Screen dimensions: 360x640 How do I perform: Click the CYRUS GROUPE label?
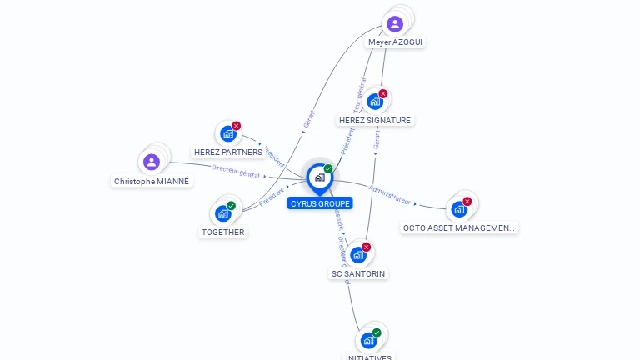pos(320,203)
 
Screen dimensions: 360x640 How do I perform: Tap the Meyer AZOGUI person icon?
pos(395,24)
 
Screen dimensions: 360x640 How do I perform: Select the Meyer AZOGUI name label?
pos(397,42)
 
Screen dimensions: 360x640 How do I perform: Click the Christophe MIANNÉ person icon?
pos(151,162)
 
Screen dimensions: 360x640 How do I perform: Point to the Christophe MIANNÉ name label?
pos(152,181)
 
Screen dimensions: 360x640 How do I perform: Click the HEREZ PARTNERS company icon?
pos(227,134)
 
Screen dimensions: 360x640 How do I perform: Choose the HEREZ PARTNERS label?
pos(227,152)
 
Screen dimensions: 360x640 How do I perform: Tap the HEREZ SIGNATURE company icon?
pos(374,102)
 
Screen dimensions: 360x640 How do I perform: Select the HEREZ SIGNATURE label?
pos(375,120)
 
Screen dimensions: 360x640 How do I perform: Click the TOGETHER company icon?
pos(222,213)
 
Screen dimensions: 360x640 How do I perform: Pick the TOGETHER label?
pos(223,232)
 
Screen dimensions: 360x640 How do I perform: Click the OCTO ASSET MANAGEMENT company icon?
pos(458,209)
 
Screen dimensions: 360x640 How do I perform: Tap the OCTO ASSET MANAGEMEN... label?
pos(459,227)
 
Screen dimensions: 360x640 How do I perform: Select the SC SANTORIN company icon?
pos(358,255)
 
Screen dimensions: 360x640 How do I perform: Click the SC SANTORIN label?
pos(359,273)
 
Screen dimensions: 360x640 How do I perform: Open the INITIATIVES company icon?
pos(368,340)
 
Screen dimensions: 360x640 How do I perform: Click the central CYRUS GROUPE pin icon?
pos(319,177)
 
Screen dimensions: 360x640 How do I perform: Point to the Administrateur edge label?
pos(389,194)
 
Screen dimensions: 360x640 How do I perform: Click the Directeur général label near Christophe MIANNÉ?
pos(236,171)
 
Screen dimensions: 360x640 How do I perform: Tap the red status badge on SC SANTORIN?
pos(366,247)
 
